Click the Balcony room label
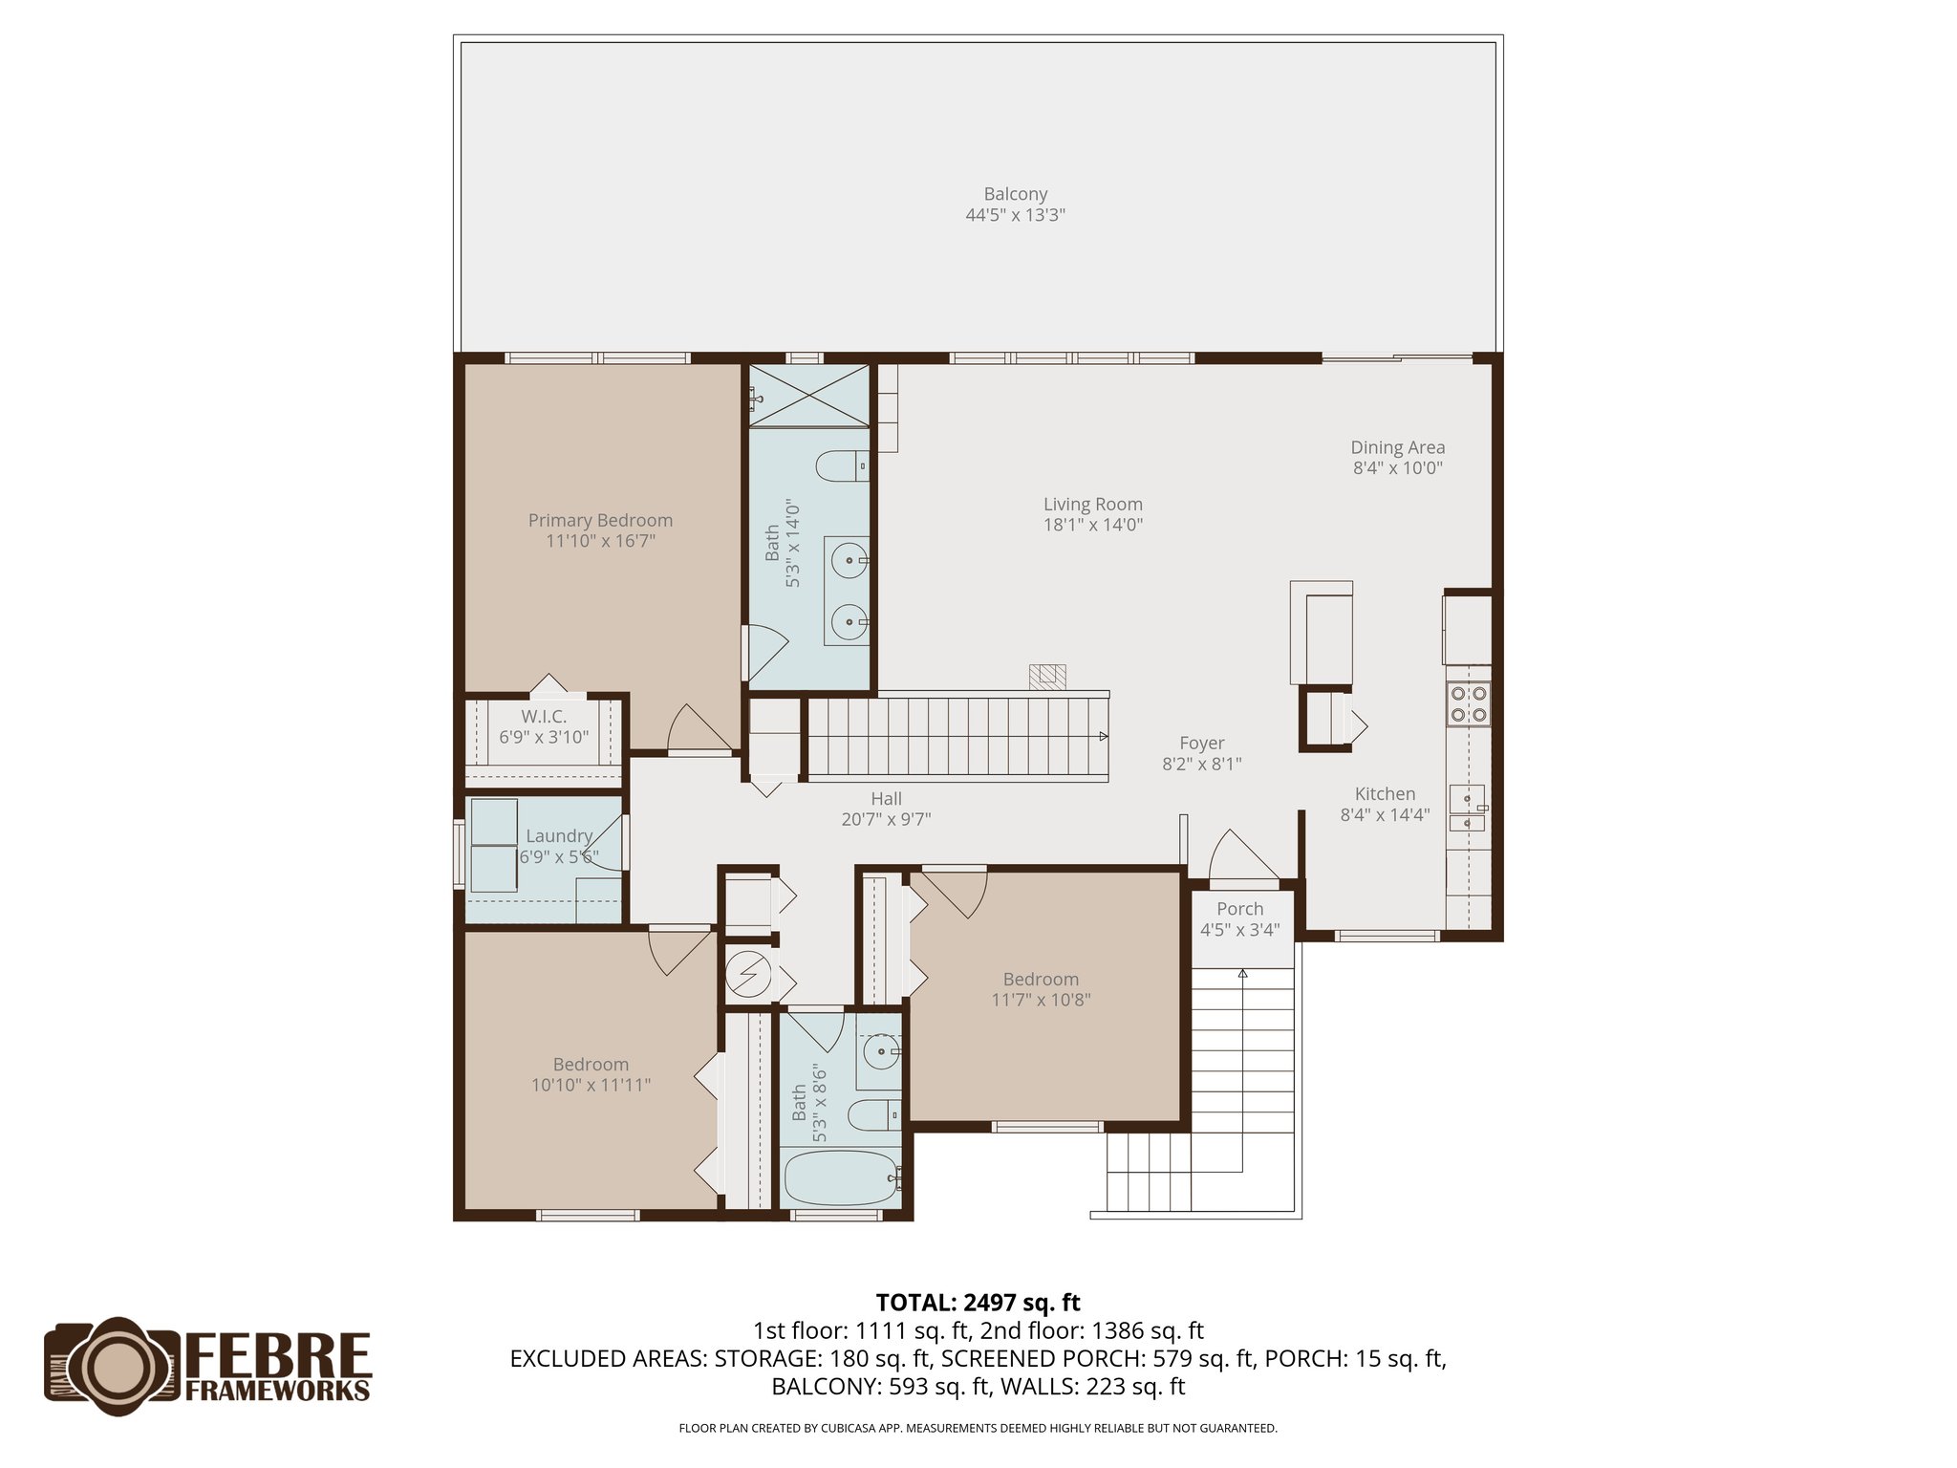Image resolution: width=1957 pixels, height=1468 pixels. pos(1015,194)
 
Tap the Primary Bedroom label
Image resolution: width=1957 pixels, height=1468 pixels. pos(600,520)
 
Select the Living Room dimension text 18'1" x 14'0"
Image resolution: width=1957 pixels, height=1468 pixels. pos(1092,525)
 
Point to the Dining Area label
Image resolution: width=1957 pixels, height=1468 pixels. pos(1397,447)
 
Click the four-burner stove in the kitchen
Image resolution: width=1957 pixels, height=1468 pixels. pos(1468,703)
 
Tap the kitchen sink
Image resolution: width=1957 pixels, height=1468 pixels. pos(1467,808)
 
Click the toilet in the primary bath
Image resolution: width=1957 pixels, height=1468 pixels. pos(841,467)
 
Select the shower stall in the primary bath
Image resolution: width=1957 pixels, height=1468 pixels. pos(808,395)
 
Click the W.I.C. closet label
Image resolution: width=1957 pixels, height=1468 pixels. pos(544,717)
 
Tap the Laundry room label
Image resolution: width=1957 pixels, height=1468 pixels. pos(559,836)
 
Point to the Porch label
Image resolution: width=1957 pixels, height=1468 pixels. pos(1239,909)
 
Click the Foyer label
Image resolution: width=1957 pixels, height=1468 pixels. pos(1201,743)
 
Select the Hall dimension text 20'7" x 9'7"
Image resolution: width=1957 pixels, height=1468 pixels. pos(886,819)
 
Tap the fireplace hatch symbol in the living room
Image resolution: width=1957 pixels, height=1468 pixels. pos(1046,676)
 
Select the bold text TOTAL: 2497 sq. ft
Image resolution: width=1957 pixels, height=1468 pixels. pos(978,1303)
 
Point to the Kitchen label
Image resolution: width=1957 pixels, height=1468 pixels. pos(1385,794)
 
